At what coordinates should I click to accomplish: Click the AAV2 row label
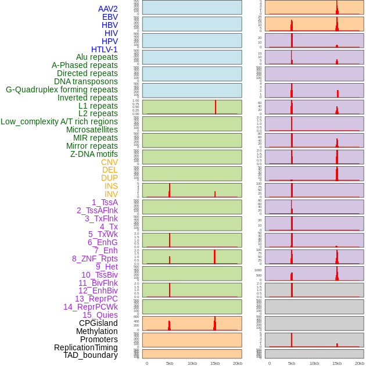[107, 9]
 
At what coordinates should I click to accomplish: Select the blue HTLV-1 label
[105, 49]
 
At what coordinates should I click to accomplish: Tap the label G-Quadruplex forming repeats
[62, 89]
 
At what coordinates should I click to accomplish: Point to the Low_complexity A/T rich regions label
[59, 121]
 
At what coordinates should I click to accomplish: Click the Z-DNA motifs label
[94, 154]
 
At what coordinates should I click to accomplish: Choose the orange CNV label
[109, 162]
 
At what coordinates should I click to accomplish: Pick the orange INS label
[111, 186]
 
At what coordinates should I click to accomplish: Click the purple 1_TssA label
[105, 202]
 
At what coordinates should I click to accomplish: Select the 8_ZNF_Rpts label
[95, 259]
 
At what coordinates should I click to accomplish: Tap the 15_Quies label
[100, 315]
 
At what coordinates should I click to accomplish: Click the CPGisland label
[98, 323]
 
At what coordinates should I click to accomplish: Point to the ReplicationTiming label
[86, 347]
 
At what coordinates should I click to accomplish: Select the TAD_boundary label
[91, 355]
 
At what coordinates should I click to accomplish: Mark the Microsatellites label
[92, 130]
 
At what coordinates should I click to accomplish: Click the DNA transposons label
[86, 81]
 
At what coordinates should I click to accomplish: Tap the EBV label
[110, 17]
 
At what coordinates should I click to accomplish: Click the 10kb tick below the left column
[192, 363]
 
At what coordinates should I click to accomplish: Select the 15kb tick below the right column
[337, 363]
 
